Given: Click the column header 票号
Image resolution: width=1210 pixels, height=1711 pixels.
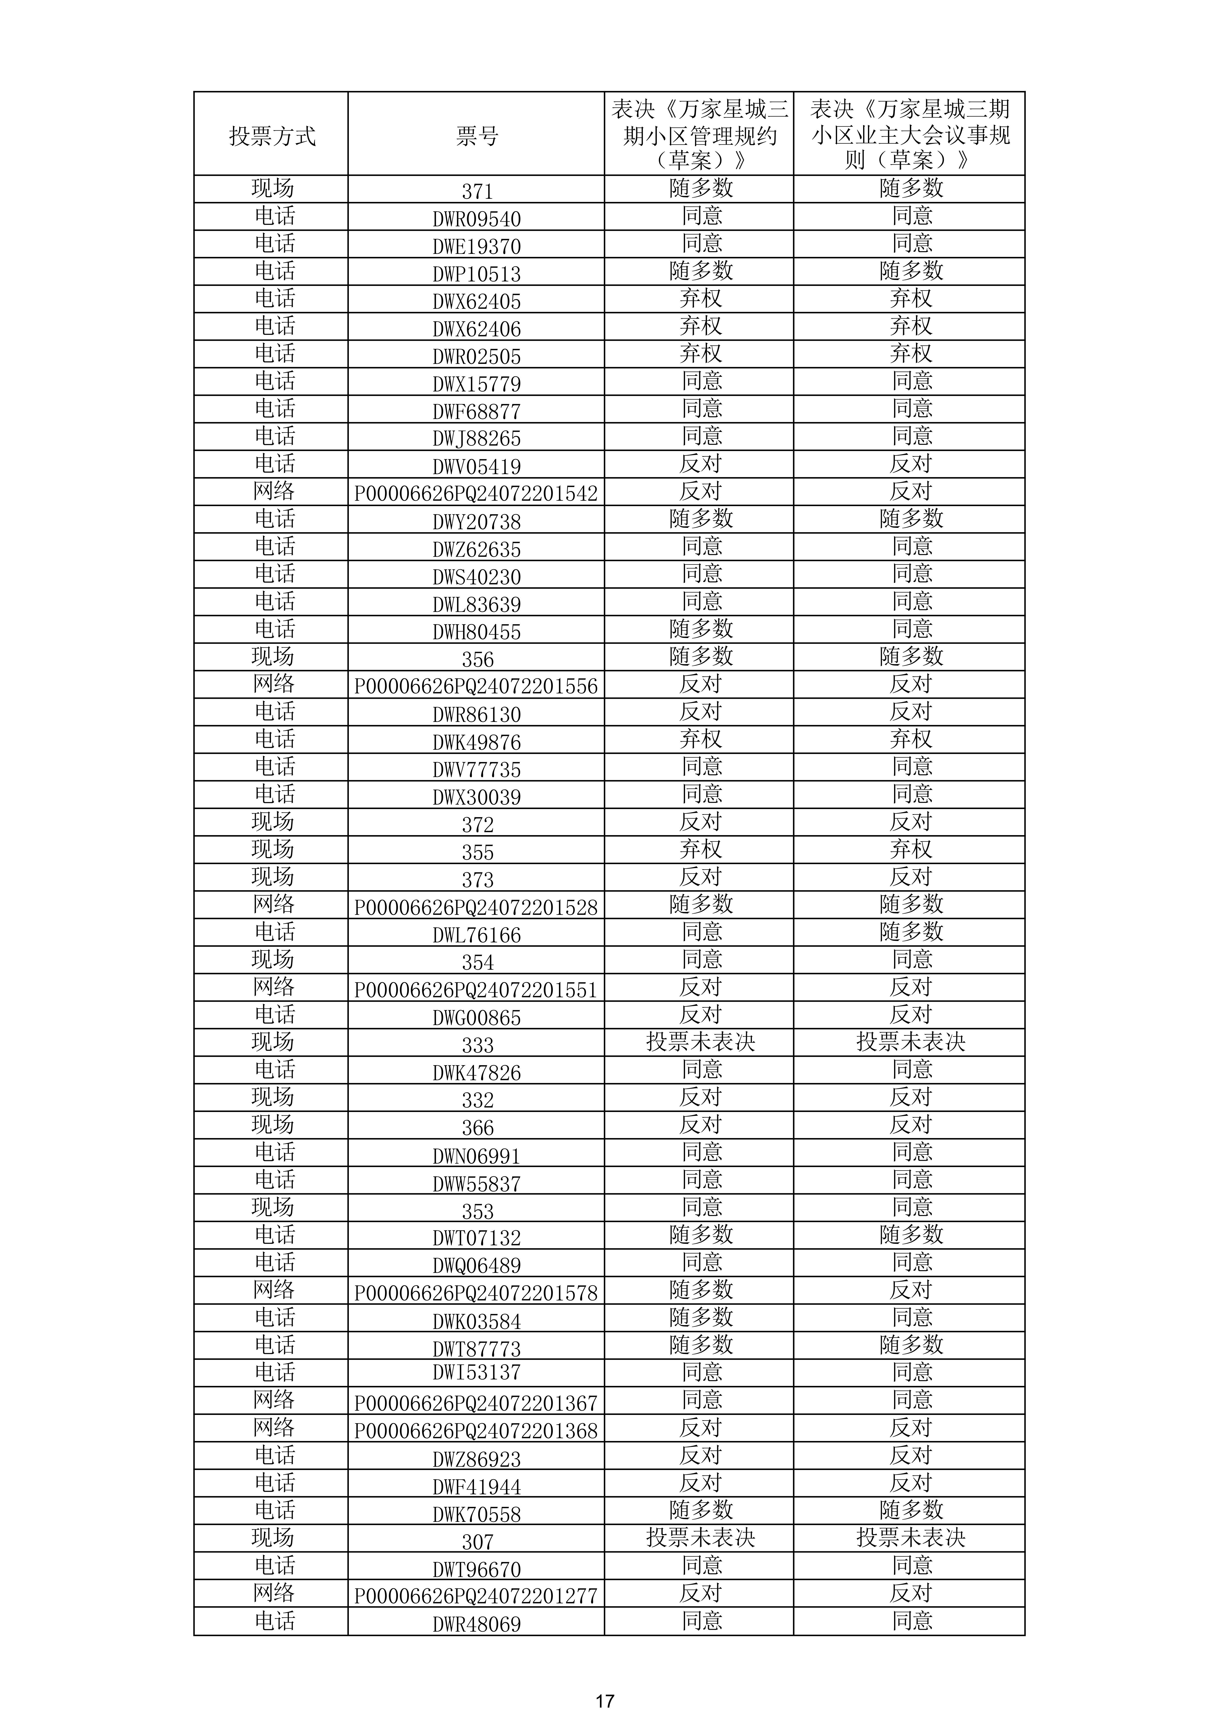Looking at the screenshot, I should tap(476, 136).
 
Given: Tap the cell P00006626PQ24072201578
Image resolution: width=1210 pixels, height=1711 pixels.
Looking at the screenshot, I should tap(476, 1293).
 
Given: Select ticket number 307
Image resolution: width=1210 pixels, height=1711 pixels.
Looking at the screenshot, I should tap(476, 1541).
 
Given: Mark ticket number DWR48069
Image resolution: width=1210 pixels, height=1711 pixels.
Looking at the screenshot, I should tap(476, 1624).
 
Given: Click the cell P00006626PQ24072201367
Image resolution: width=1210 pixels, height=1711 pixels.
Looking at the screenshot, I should tap(476, 1403).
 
